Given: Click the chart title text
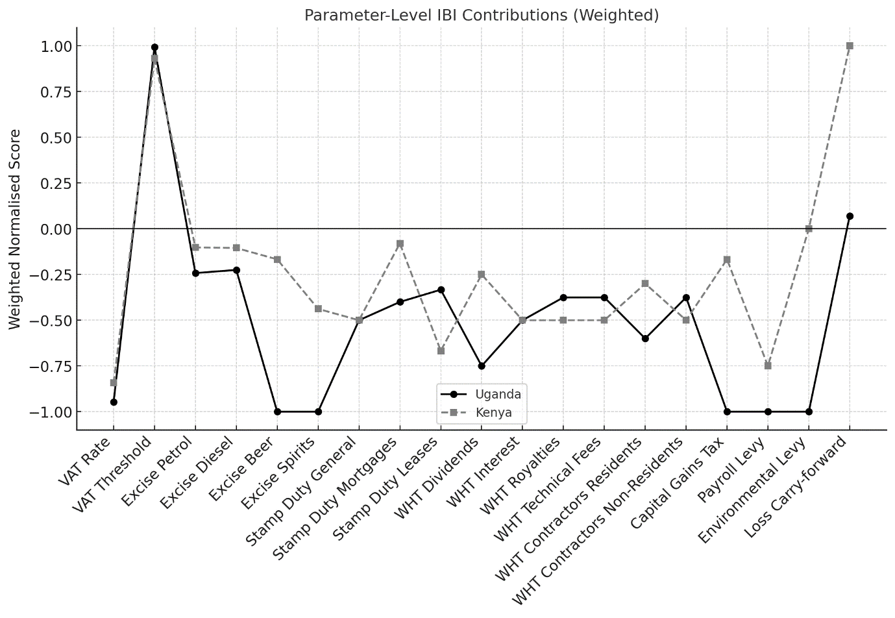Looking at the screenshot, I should click(482, 16).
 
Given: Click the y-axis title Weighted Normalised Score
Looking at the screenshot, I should click(15, 229).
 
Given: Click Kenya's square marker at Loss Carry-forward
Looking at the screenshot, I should click(850, 46).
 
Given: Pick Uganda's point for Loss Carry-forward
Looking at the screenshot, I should click(850, 216).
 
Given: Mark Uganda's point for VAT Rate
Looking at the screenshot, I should click(114, 402).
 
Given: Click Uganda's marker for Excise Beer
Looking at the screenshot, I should click(277, 412).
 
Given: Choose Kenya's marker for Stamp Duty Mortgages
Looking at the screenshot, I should click(400, 244).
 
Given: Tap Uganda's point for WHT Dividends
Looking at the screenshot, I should click(482, 366).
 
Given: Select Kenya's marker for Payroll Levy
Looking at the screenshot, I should click(768, 365).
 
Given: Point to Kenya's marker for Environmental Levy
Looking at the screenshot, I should click(809, 229).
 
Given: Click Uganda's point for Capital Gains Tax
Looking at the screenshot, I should click(727, 412).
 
